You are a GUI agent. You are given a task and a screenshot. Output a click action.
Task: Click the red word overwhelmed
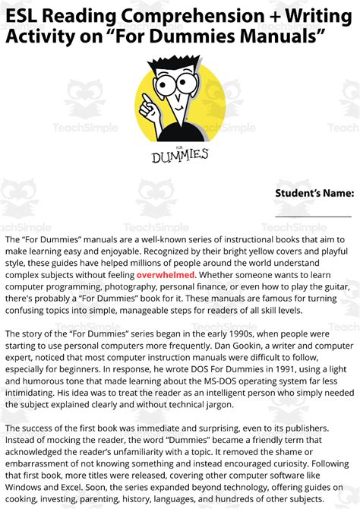tap(166, 274)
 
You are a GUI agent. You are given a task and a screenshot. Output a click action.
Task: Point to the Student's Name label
tap(314, 193)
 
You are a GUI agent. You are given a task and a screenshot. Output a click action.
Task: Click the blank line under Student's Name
tap(314, 217)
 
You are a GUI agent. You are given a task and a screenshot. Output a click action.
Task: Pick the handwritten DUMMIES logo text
tap(179, 156)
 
